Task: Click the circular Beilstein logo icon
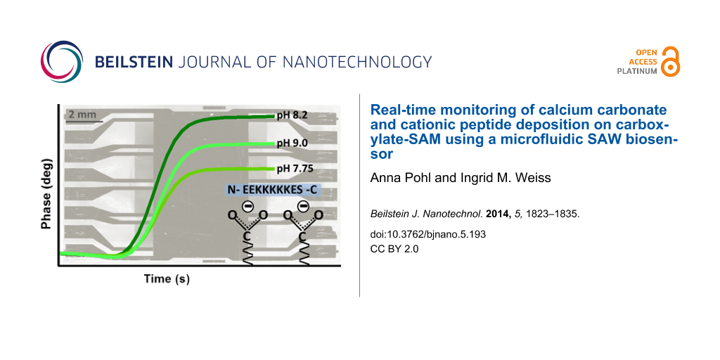(x=62, y=62)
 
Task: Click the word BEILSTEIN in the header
(x=135, y=62)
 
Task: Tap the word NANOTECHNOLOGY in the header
(x=356, y=62)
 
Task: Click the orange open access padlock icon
(x=671, y=62)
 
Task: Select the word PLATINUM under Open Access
(x=637, y=72)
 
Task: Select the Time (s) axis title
(x=167, y=278)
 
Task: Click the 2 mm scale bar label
(x=82, y=114)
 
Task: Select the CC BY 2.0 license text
(x=394, y=248)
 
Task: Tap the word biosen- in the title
(x=654, y=140)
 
